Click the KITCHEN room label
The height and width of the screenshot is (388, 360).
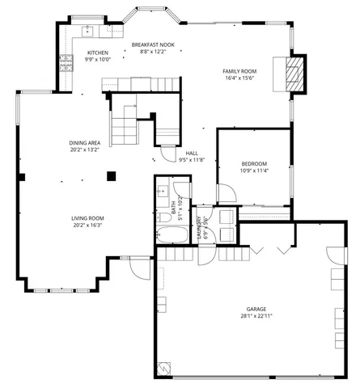pos(98,53)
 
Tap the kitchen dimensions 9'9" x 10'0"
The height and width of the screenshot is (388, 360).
pos(98,60)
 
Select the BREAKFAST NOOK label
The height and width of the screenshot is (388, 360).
pos(152,45)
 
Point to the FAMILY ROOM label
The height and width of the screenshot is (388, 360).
pos(239,71)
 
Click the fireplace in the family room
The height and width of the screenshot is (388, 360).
pos(293,74)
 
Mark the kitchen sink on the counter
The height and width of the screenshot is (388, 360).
pos(88,32)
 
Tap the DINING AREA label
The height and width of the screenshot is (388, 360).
pos(84,143)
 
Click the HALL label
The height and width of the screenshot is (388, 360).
pos(191,153)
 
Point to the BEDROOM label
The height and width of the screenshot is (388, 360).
pos(253,164)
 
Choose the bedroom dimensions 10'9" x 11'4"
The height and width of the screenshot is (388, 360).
pos(253,171)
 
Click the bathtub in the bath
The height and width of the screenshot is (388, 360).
pos(172,237)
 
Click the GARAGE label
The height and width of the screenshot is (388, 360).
pos(257,310)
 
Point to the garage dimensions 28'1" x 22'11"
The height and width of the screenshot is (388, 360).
pos(257,317)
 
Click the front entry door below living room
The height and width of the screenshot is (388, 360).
pos(139,267)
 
